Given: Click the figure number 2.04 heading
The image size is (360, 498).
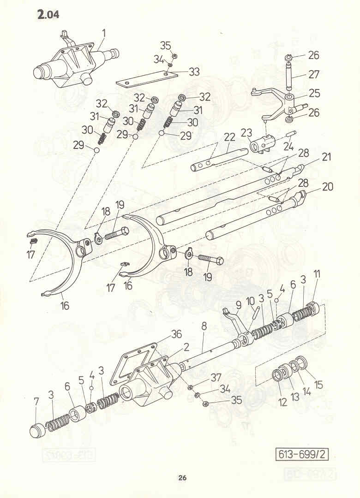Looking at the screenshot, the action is coord(48,14).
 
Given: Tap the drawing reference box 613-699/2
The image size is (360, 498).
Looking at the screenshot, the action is coord(302,455).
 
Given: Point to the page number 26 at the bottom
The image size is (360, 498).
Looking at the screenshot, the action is coord(182,478).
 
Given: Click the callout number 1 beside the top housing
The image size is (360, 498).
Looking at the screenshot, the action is coord(104,33).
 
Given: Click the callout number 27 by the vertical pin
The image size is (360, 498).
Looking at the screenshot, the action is coord(313,74).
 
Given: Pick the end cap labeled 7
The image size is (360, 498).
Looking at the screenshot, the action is coord(37,430).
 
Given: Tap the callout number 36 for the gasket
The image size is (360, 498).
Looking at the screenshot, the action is coord(176,334).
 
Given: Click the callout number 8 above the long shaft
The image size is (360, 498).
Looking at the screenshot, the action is coord(204,326).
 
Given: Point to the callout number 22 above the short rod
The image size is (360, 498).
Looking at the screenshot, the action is coord(229,137).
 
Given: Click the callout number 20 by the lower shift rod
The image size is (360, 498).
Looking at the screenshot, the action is coord(327,186).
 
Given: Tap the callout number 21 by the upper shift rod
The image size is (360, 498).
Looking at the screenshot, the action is coord(326,157).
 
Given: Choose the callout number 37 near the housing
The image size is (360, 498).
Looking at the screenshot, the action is coord(216,377).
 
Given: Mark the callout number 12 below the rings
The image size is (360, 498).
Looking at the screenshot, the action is coord(282,403).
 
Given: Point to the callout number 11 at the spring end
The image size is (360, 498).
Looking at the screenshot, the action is coord(317,274).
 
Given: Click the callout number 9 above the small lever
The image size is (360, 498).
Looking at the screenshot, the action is coord(239,306).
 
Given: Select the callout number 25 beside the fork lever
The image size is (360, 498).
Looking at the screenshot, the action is coord(314,93).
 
